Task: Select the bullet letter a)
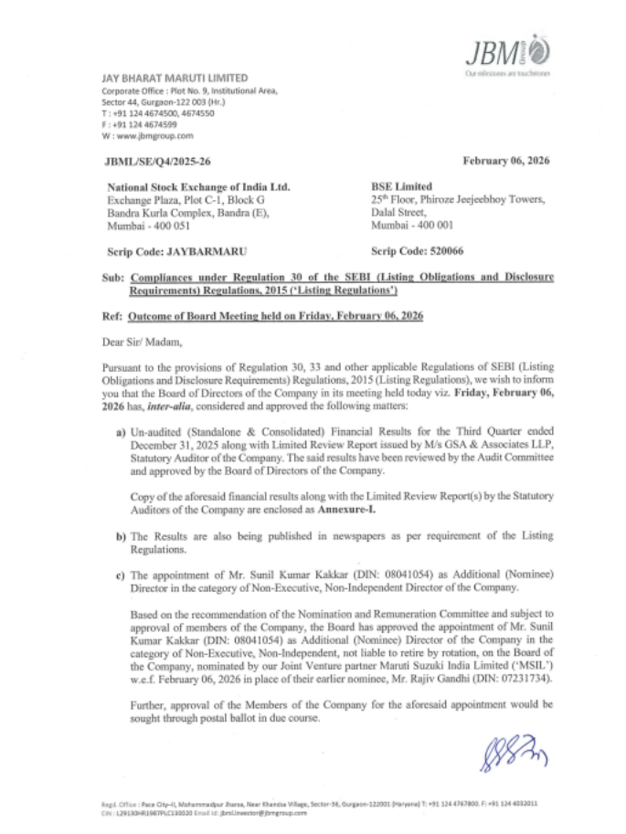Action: [x=120, y=428]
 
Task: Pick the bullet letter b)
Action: [x=120, y=533]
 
